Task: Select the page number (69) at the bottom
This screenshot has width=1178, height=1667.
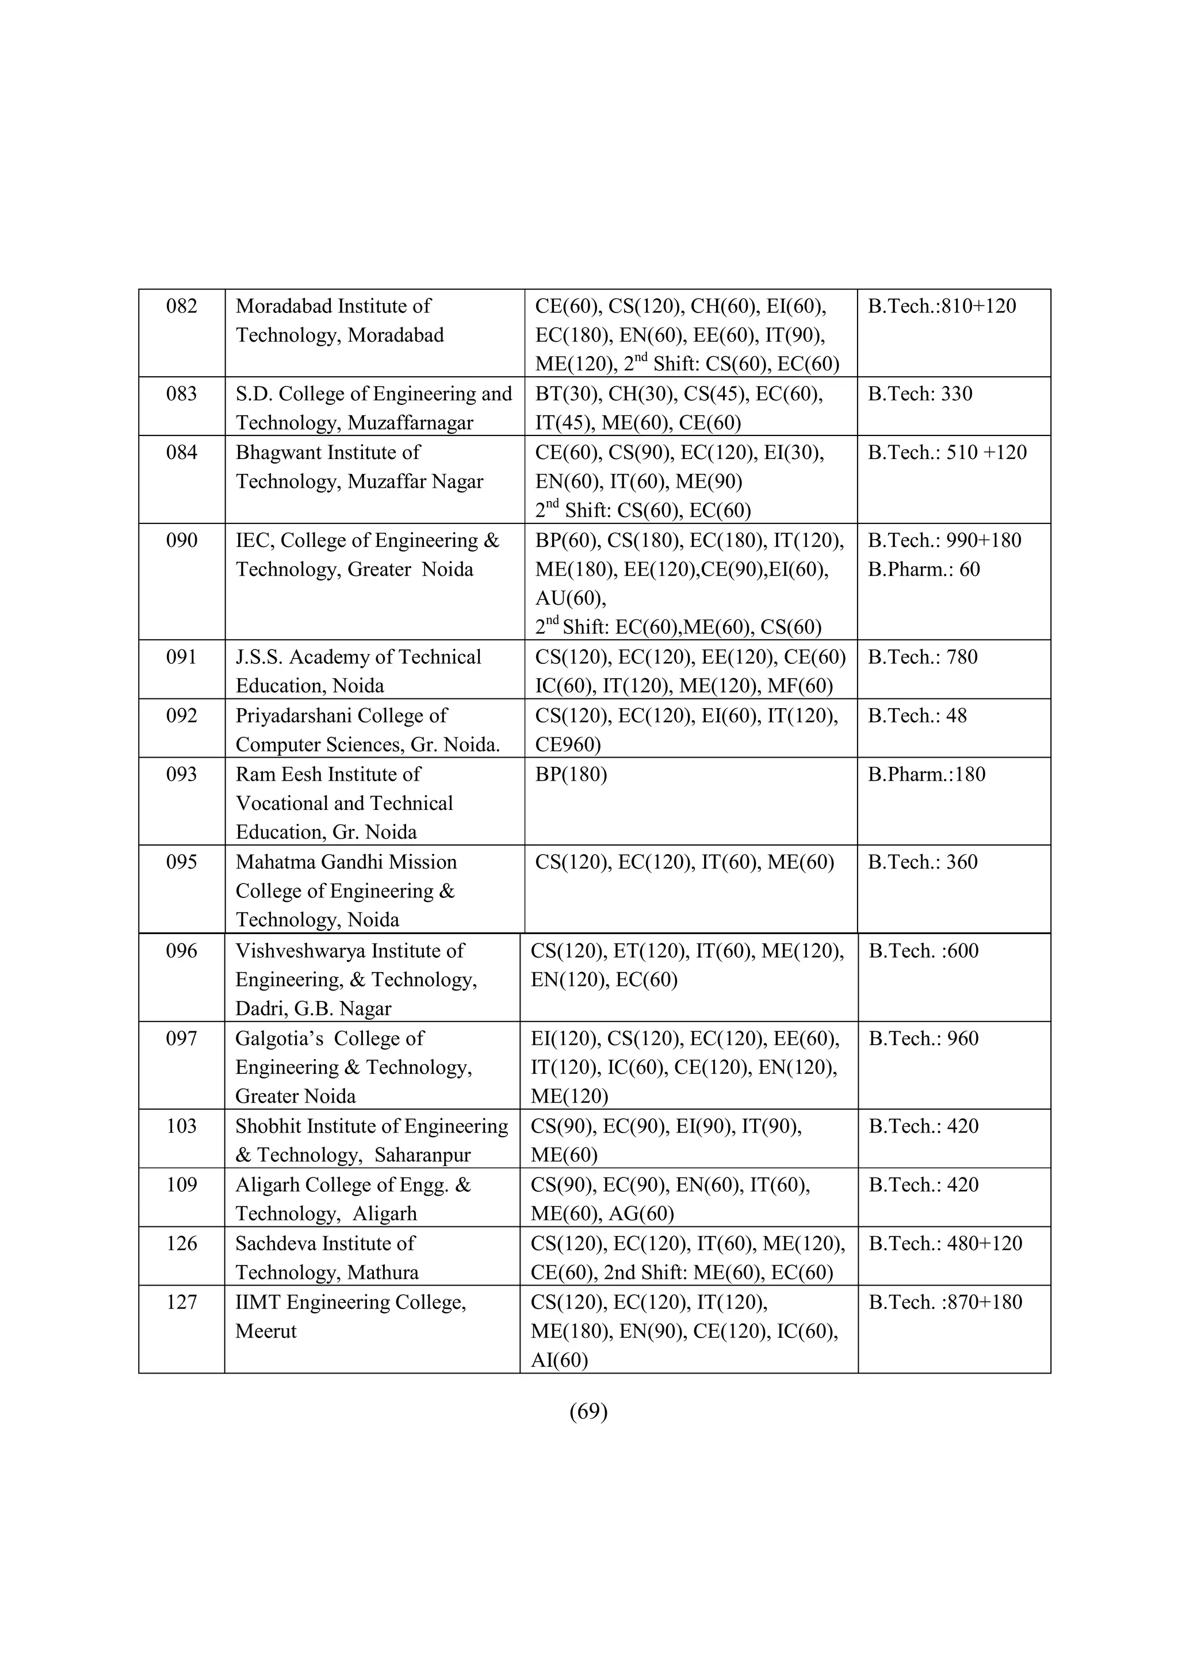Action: pos(588,1410)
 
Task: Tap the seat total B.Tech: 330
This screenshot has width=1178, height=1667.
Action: pos(920,393)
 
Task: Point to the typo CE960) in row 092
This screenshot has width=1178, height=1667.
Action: pos(568,745)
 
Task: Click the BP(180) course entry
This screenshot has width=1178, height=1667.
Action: pos(571,775)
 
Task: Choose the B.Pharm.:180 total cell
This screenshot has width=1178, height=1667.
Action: pos(926,775)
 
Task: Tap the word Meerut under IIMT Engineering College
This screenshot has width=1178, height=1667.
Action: pos(266,1332)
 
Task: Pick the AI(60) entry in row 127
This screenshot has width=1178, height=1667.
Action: pos(559,1360)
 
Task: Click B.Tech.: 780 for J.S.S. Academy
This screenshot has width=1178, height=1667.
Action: pos(923,657)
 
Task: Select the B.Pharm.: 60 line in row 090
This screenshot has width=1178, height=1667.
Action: pos(923,569)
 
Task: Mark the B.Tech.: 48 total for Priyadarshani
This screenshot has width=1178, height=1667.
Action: pos(917,716)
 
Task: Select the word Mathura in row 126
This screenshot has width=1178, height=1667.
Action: pos(383,1273)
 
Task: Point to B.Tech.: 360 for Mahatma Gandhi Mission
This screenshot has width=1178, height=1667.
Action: pos(923,862)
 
